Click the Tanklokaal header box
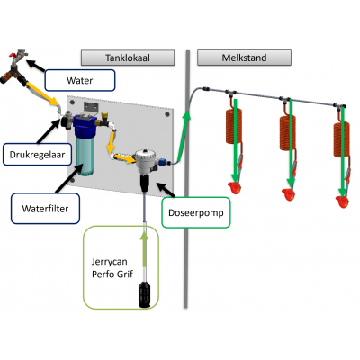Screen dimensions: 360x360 click(x=128, y=58)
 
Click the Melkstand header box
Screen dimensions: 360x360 click(x=244, y=58)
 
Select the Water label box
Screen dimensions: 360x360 click(x=80, y=80)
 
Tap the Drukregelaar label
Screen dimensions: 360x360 click(x=37, y=155)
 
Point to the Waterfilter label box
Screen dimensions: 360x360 click(x=45, y=209)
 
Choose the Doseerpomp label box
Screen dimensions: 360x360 click(x=196, y=212)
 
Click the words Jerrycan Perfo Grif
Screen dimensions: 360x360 click(x=112, y=268)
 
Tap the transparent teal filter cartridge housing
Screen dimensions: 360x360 click(x=85, y=157)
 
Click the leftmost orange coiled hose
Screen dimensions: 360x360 click(x=234, y=126)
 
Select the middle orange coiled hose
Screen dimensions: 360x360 click(x=288, y=133)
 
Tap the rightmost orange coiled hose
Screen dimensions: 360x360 click(x=341, y=140)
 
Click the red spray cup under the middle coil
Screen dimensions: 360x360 click(x=288, y=194)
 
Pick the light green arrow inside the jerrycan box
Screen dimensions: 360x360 click(x=145, y=249)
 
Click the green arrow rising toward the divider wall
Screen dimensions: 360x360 click(x=184, y=135)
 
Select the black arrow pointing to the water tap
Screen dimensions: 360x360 click(x=36, y=66)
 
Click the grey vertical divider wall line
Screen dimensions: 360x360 click(x=186, y=179)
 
